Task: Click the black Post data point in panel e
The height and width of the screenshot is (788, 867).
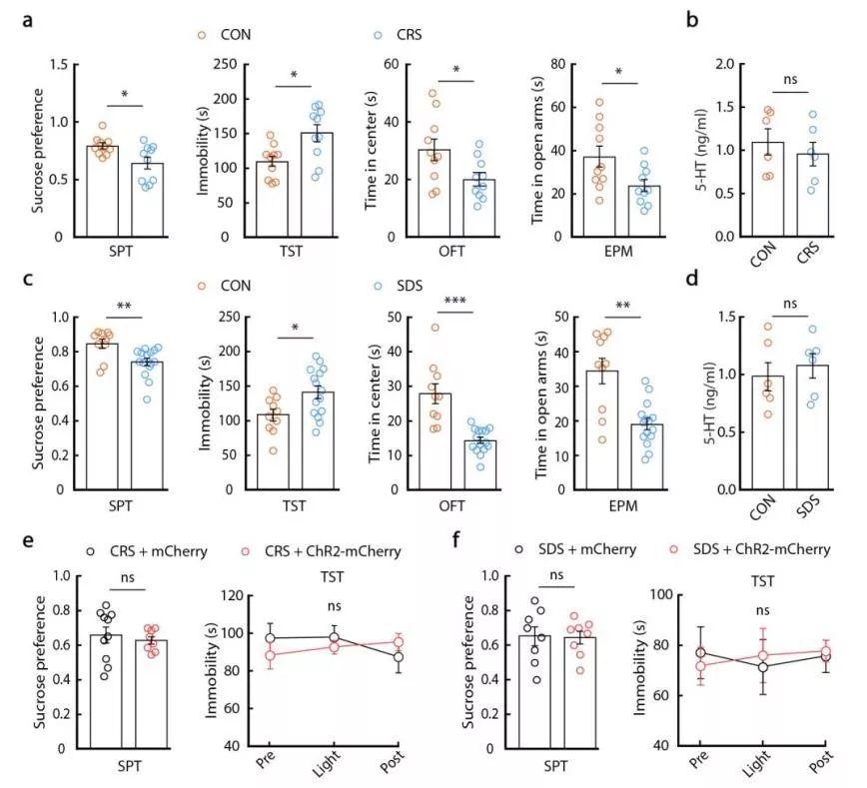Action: tap(400, 656)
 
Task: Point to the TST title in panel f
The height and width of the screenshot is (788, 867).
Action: tap(761, 577)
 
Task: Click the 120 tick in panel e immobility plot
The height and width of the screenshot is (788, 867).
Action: tap(236, 595)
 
